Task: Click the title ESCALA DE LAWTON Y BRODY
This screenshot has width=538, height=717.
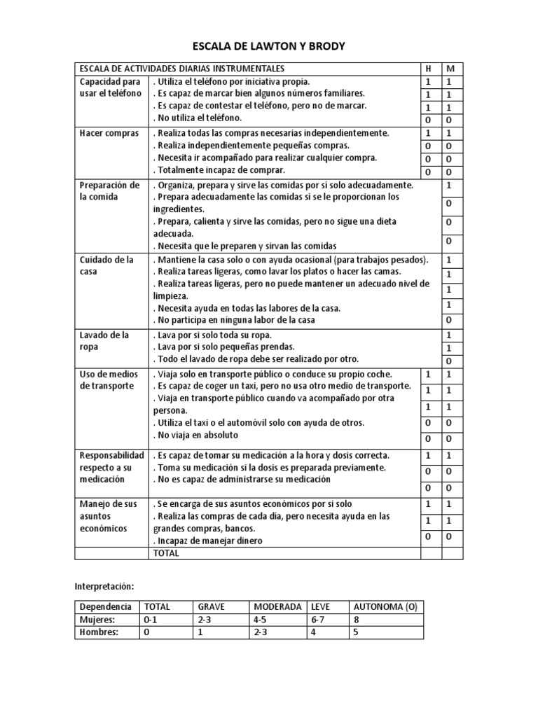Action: click(x=269, y=46)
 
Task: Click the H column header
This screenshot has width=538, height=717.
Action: click(x=429, y=69)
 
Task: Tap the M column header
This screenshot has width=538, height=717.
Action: click(x=450, y=69)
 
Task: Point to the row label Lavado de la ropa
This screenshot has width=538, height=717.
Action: click(x=105, y=341)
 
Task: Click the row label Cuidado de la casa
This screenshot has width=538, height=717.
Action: click(x=106, y=265)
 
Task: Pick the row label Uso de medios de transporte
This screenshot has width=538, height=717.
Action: click(x=109, y=380)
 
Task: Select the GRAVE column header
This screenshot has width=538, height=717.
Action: click(x=212, y=606)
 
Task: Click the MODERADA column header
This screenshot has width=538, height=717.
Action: click(x=277, y=606)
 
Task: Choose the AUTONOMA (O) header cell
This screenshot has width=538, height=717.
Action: click(x=385, y=606)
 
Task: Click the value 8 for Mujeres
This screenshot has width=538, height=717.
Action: click(x=357, y=620)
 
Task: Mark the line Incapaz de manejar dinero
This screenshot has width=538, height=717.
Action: click(x=209, y=541)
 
